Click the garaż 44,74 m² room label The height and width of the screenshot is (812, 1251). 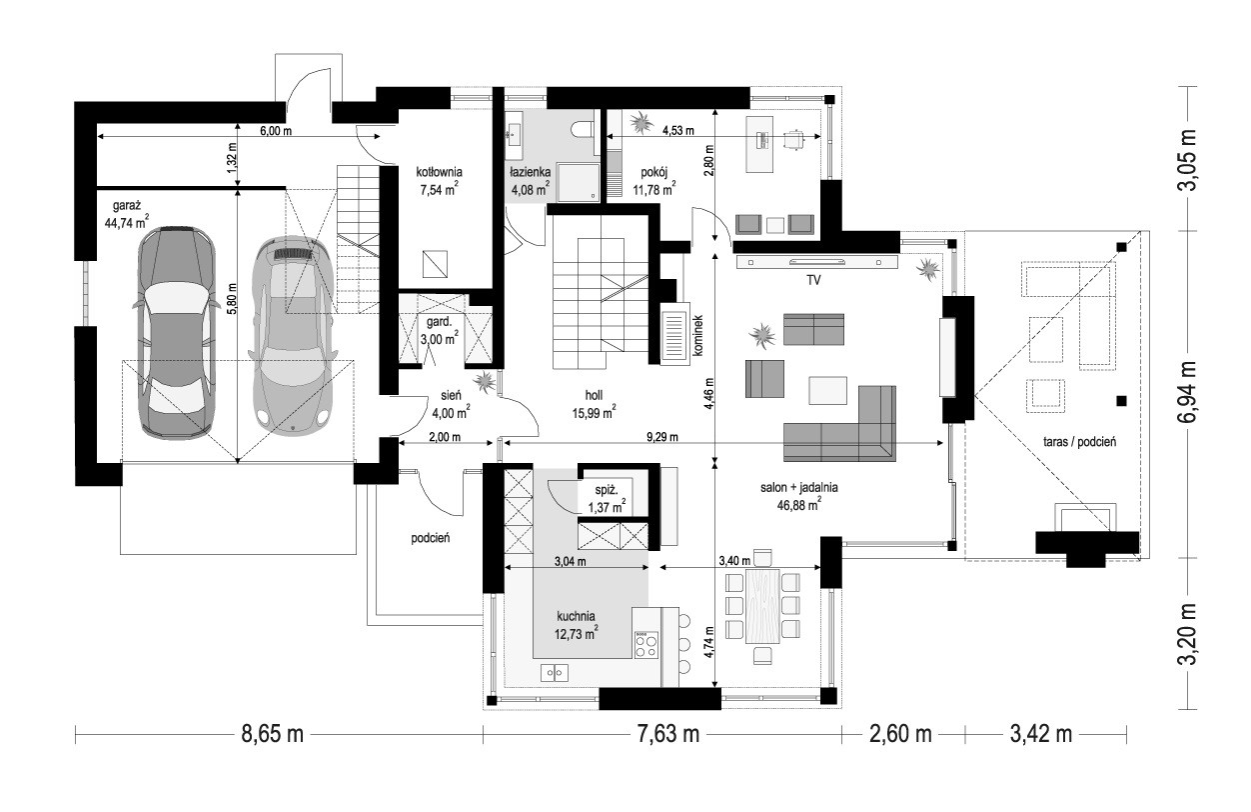[x=126, y=214]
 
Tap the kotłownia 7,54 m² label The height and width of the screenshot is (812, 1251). [x=439, y=181]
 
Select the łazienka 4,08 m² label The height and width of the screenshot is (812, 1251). [x=530, y=181]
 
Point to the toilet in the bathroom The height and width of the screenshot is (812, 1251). [x=584, y=129]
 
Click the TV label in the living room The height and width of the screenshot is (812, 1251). [x=813, y=281]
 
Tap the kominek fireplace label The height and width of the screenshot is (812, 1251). [x=697, y=335]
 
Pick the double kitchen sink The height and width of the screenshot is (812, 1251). [x=554, y=673]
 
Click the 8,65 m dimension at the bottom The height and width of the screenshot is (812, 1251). [x=272, y=734]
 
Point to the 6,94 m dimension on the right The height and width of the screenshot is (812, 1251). [x=1188, y=393]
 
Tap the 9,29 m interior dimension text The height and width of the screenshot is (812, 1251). [x=662, y=437]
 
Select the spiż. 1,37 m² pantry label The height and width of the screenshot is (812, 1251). [x=607, y=498]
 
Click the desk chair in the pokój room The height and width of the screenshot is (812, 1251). [x=793, y=139]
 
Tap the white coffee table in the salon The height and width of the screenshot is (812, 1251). [x=827, y=390]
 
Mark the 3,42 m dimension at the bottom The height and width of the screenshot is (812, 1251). [x=1040, y=734]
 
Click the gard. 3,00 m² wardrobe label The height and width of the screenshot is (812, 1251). [x=439, y=331]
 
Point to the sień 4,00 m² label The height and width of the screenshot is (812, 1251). [x=451, y=405]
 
